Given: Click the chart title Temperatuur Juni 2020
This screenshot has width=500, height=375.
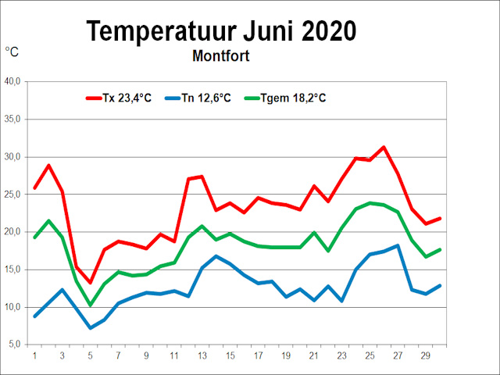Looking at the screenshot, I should (221, 30).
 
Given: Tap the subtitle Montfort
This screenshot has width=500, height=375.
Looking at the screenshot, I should (221, 56).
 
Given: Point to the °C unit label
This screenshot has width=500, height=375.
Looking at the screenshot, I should (12, 52).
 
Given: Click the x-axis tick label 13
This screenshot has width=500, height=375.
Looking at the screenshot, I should (202, 356).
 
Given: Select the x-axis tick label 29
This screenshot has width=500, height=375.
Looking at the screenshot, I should (427, 356).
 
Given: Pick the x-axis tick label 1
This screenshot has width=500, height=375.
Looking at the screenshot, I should (34, 356).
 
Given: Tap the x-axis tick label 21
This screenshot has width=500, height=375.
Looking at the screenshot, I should (314, 356).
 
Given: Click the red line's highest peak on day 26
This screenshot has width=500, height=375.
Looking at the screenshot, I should (384, 147).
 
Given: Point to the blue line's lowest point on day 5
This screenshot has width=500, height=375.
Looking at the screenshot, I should (91, 328).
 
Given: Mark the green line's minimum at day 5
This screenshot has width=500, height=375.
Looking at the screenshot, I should (91, 305).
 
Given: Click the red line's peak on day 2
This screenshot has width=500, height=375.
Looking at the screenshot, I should (48, 166).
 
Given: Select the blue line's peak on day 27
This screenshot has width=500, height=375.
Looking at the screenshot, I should (398, 245).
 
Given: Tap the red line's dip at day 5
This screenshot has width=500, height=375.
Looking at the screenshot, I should (91, 282).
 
